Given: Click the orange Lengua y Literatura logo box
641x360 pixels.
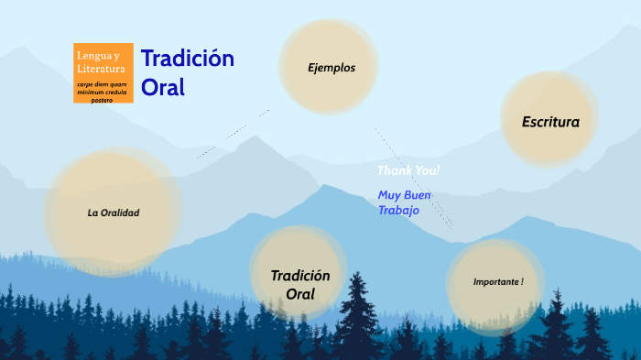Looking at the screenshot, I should coord(103,72).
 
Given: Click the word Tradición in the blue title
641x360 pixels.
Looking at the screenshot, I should coord(187,59).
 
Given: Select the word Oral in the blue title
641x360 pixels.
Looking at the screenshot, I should coord(163,87).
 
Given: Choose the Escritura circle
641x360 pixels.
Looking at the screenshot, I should coord(549,120).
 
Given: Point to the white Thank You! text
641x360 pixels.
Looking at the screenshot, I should coord(408,170).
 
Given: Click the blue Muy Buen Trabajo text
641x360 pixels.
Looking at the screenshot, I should coord(404,202).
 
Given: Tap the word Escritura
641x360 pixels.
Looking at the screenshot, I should coord(550,121).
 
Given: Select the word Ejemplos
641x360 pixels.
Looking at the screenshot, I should coord(331,67).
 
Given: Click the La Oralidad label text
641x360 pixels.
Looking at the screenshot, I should coord(114,213).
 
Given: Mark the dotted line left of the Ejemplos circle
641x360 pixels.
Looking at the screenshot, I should coord(233,134).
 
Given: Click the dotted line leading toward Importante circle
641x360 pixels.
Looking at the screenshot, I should coord(414,179).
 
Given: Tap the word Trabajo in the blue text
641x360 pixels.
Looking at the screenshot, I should coord(398,210).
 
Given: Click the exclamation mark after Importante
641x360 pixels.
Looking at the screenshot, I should coord(521,281).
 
